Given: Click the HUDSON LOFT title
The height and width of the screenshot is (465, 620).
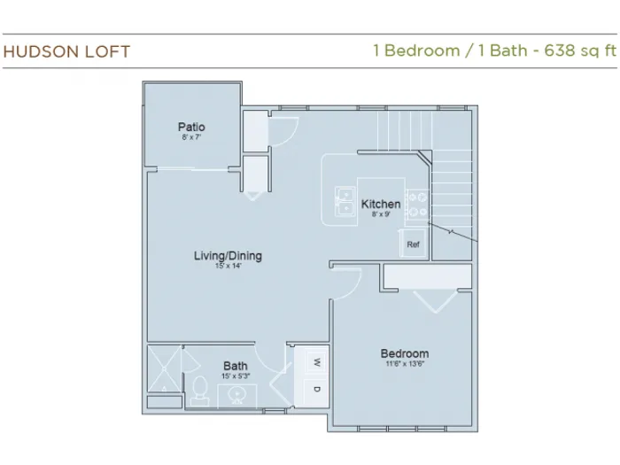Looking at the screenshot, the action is [x=66, y=51].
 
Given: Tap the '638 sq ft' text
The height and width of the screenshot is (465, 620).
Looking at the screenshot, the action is [x=580, y=50].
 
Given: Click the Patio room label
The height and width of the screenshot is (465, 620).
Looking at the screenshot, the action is [x=191, y=127].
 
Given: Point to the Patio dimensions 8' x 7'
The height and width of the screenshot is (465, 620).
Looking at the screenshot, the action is [x=191, y=137].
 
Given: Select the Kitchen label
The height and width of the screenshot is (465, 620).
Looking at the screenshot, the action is [x=381, y=204].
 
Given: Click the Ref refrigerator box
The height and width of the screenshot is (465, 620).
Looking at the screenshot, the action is [x=413, y=244].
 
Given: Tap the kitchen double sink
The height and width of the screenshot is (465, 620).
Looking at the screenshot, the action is [x=345, y=202].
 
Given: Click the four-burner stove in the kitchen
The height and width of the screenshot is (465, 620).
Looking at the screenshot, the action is [x=417, y=204].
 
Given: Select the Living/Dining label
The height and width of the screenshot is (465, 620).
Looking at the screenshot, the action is [x=228, y=256].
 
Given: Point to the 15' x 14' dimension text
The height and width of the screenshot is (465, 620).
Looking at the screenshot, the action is [x=229, y=266].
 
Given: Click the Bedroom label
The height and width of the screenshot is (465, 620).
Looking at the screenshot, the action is [x=405, y=353].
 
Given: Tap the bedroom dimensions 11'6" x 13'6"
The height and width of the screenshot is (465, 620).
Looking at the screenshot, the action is [x=405, y=364].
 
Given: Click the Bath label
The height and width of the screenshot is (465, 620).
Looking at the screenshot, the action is [x=236, y=366].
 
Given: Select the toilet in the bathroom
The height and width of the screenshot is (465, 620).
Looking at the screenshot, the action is [x=200, y=391].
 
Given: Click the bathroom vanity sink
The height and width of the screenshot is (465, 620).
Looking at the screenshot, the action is [x=237, y=395].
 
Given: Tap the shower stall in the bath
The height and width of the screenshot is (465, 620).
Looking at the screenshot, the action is [x=164, y=368].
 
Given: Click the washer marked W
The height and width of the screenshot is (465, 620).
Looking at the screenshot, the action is [x=316, y=362].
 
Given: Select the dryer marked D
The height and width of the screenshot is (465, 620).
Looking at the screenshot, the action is [x=316, y=390].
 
